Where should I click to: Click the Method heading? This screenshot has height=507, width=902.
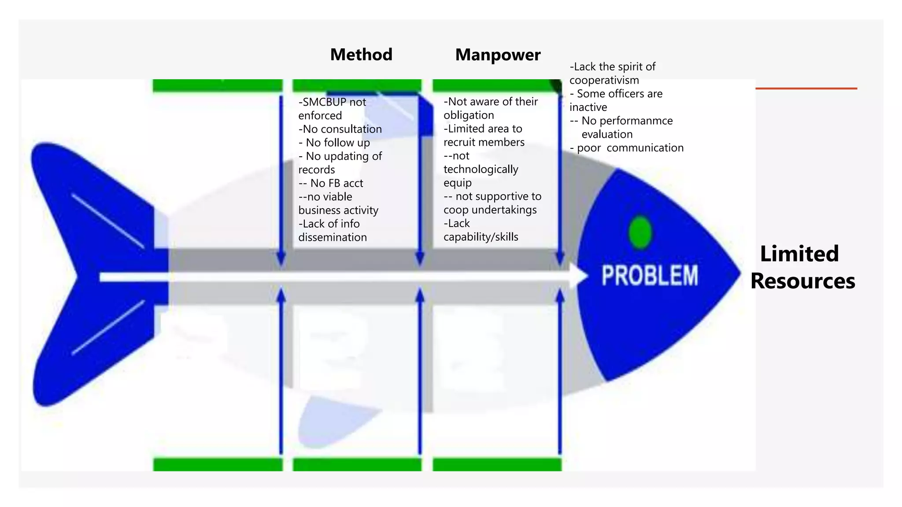(x=361, y=55)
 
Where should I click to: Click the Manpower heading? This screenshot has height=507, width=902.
(x=498, y=55)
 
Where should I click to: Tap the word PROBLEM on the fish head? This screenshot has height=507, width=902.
(x=650, y=276)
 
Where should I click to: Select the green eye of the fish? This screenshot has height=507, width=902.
(x=640, y=232)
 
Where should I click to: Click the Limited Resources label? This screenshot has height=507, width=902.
(x=802, y=267)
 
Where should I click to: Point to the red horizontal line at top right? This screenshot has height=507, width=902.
(x=806, y=88)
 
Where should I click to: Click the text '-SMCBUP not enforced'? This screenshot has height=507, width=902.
(x=332, y=109)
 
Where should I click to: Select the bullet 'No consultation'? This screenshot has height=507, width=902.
(x=340, y=129)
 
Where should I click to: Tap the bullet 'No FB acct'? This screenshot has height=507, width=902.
(x=331, y=183)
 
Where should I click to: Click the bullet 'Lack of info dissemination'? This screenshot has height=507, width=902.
(x=332, y=231)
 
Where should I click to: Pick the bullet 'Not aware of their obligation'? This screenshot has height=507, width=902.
(x=490, y=108)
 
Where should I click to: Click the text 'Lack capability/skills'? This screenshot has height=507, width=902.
(x=481, y=230)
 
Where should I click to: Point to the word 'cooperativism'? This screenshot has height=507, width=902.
(x=604, y=80)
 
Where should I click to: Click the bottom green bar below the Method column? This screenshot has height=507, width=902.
(x=357, y=464)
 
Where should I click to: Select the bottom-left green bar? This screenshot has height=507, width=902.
(x=218, y=464)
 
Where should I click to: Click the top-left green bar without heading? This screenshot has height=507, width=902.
(x=218, y=85)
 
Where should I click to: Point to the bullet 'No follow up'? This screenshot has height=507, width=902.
(x=335, y=143)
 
